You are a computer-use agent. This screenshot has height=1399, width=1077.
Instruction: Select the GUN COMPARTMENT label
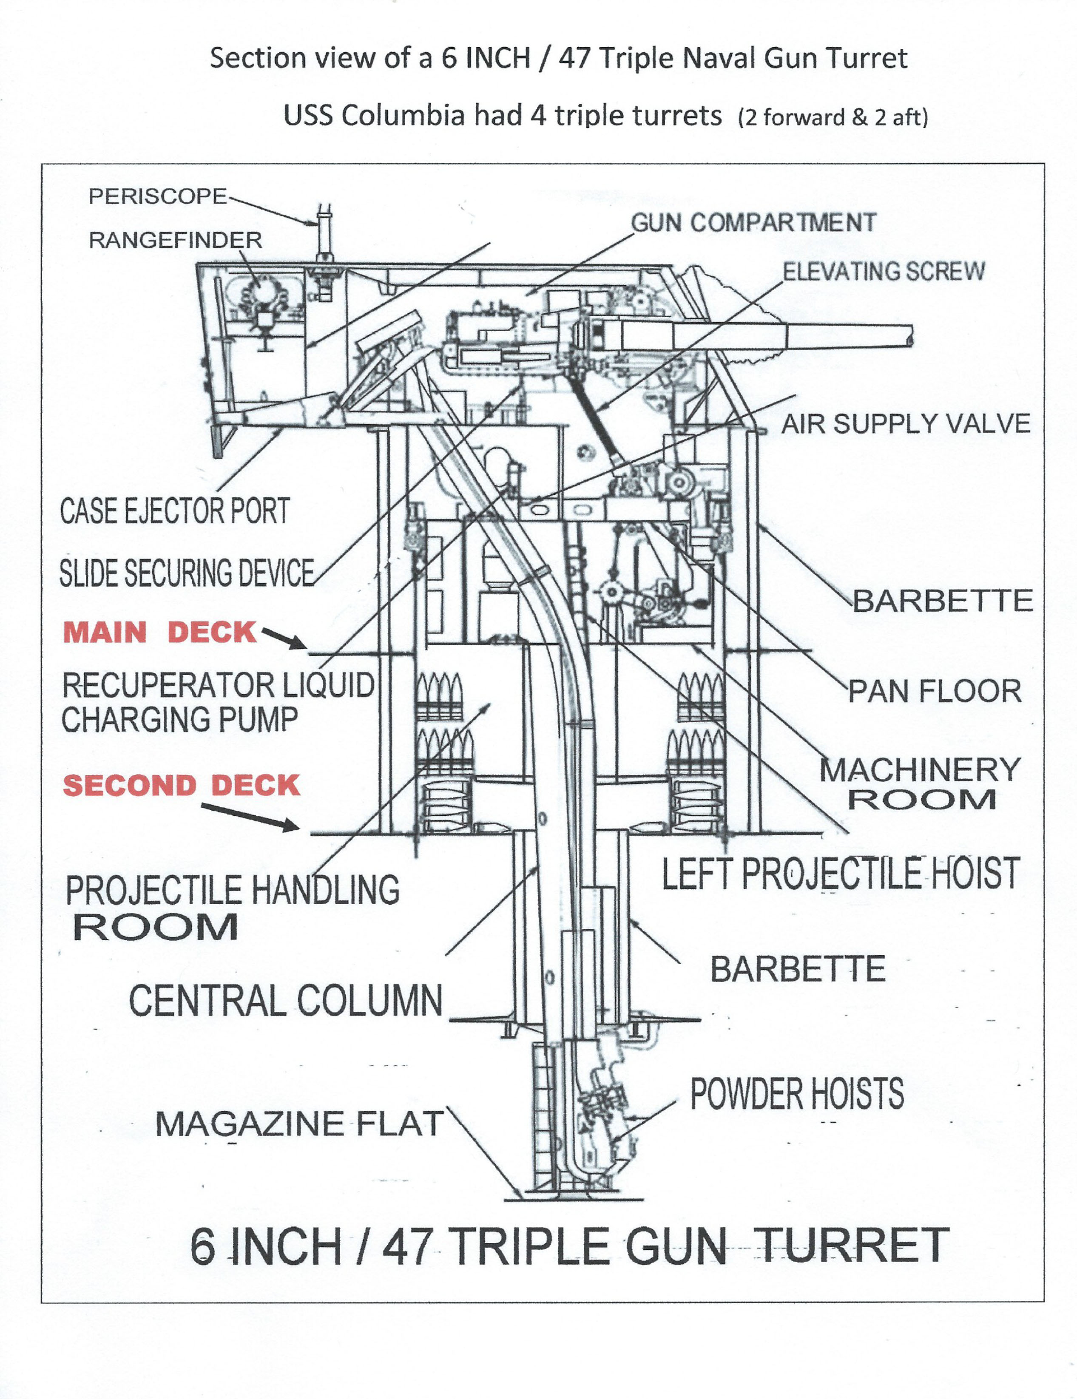[753, 223]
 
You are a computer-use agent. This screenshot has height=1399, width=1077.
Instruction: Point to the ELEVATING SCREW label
[884, 272]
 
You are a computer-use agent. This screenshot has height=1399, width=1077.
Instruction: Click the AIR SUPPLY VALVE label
[905, 424]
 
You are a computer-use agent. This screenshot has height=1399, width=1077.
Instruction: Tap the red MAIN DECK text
[159, 633]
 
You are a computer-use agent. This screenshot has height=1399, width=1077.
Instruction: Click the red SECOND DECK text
[181, 785]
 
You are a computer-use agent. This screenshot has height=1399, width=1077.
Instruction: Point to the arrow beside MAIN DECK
[284, 638]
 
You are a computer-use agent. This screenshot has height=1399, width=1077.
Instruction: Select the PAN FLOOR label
[935, 692]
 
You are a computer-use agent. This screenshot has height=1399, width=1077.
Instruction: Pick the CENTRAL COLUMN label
[286, 1001]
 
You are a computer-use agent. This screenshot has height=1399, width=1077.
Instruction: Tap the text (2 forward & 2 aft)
[833, 118]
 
